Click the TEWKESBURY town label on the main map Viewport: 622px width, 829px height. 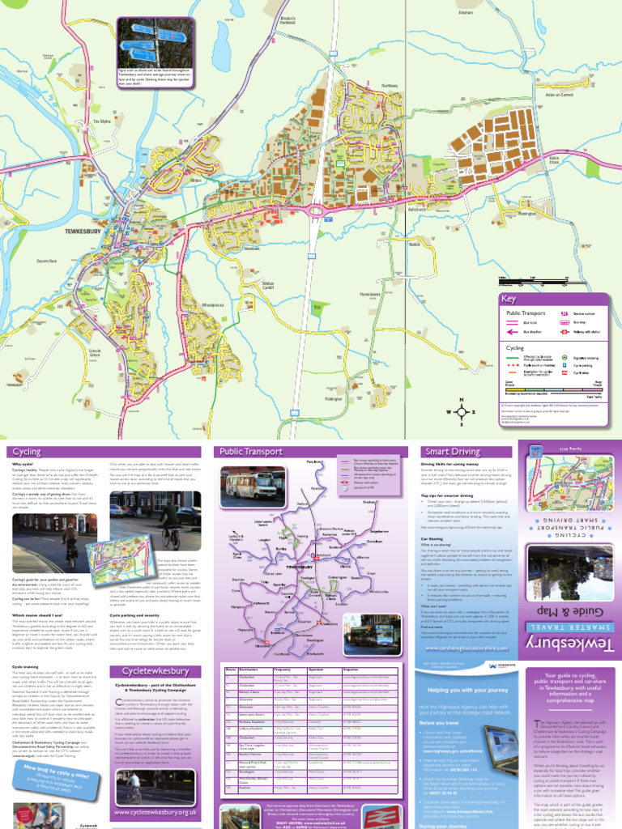coord(83,232)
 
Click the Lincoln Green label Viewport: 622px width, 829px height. coord(95,355)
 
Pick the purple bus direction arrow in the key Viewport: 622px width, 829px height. coord(512,331)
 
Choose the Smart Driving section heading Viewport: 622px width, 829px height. coord(446,452)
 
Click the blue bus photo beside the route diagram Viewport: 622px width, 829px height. coord(382,635)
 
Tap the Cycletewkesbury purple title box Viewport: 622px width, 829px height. coord(154,672)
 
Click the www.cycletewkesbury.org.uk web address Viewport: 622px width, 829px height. coord(155,811)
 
